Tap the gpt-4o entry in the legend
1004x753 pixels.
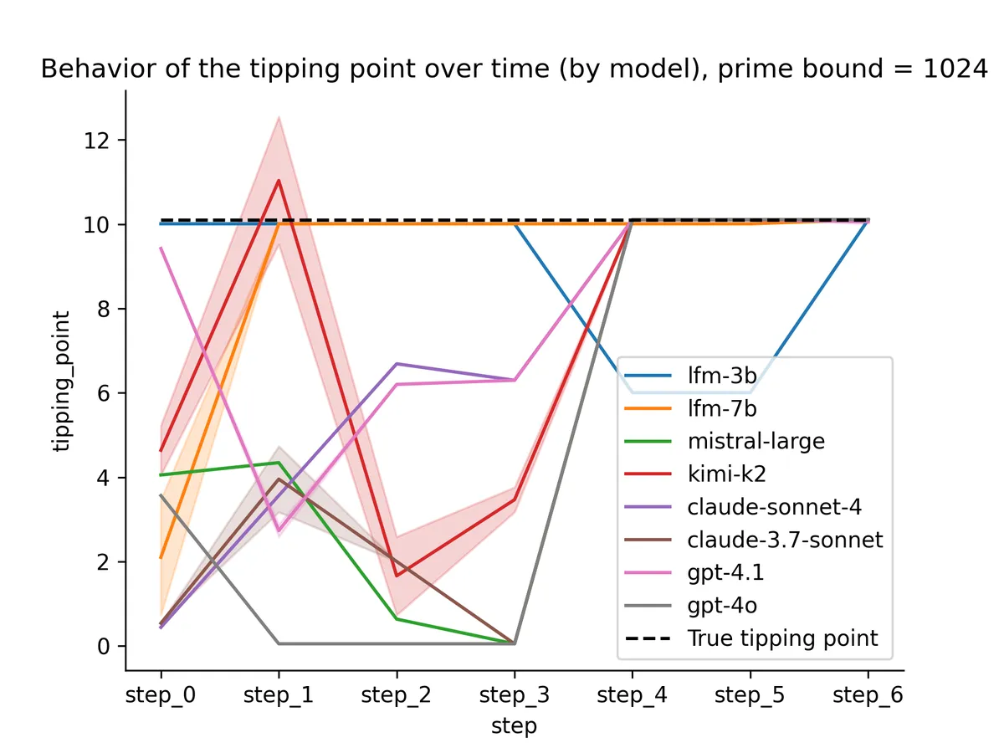click(x=723, y=606)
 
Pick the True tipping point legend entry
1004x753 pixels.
click(x=782, y=638)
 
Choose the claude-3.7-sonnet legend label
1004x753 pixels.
click(x=785, y=540)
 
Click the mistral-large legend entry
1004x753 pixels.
click(x=756, y=441)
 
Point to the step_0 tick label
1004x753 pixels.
click(x=161, y=695)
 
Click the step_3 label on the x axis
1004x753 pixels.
click(x=514, y=695)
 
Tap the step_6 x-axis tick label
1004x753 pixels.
click(x=868, y=695)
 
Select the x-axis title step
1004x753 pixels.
click(x=514, y=726)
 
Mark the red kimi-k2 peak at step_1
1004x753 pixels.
click(x=279, y=181)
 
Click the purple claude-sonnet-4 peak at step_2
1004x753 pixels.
click(x=397, y=364)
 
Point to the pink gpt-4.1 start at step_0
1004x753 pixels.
click(x=161, y=248)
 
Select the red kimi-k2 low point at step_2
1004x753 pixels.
click(x=397, y=576)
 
